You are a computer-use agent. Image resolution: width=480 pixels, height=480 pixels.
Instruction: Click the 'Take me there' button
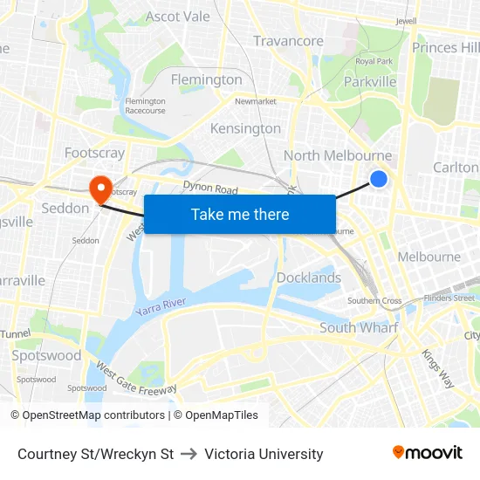click(240, 215)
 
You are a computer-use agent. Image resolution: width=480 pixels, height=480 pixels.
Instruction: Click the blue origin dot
click(379, 179)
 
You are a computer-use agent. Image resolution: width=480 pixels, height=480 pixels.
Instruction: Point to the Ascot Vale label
click(178, 17)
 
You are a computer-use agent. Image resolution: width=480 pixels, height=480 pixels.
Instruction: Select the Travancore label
click(288, 41)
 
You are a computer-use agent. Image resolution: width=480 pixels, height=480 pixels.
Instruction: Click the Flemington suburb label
click(207, 79)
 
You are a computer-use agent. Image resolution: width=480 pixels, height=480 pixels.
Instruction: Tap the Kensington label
click(245, 128)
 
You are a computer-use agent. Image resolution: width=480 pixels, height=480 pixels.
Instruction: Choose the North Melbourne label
click(338, 155)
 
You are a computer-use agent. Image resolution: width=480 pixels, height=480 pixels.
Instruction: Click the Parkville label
click(370, 82)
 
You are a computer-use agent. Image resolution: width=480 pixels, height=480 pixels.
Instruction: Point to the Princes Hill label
click(446, 47)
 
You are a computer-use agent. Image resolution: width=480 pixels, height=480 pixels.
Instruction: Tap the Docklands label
click(309, 278)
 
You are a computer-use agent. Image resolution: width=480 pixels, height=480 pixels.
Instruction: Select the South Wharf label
click(359, 327)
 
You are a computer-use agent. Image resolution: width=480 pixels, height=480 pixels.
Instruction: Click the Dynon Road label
click(210, 187)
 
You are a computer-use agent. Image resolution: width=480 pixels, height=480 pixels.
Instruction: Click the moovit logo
click(428, 453)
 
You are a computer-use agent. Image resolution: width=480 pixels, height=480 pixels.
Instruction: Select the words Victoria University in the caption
click(264, 454)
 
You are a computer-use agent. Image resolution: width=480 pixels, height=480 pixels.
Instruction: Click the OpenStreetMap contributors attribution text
click(93, 415)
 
